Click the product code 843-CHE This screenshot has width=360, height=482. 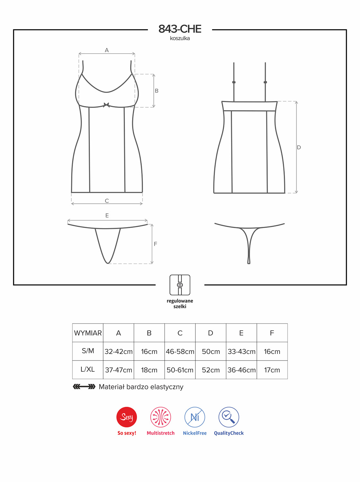point(180,29)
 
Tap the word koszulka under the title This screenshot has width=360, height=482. point(180,39)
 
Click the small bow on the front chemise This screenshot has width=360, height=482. point(106,105)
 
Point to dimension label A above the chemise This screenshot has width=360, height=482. point(107,50)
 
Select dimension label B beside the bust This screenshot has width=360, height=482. point(157,91)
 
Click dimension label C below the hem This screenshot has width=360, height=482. point(107,201)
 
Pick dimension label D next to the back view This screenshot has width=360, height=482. point(299,147)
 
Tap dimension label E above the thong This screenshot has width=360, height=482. point(107,215)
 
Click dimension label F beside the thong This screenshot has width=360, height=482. point(156,244)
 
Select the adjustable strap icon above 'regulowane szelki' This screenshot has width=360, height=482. point(180,285)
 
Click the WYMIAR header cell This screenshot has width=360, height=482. point(88,333)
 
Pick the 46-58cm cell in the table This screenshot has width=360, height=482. point(180,352)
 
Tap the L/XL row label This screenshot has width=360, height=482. point(88,369)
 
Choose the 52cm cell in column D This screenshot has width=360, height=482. point(211,370)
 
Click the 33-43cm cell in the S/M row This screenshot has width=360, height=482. point(241,352)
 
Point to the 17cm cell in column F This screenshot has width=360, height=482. point(272,370)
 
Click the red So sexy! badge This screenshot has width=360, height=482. point(127,417)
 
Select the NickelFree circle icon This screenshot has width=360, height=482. point(194,417)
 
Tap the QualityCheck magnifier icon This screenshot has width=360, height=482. point(229,417)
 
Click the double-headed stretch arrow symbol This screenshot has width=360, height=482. point(84,387)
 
